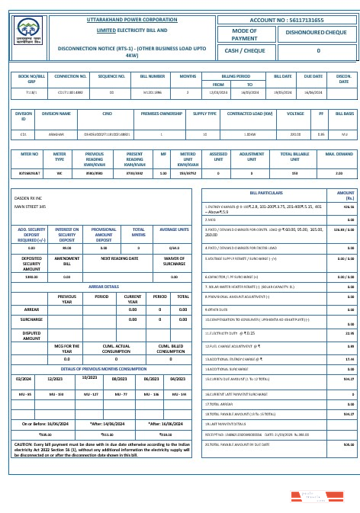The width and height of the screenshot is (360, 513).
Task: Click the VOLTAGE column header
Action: pos(289,114)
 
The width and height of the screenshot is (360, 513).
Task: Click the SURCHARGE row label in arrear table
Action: pos(31,319)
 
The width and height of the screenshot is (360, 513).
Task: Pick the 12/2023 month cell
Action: pos(55,378)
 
